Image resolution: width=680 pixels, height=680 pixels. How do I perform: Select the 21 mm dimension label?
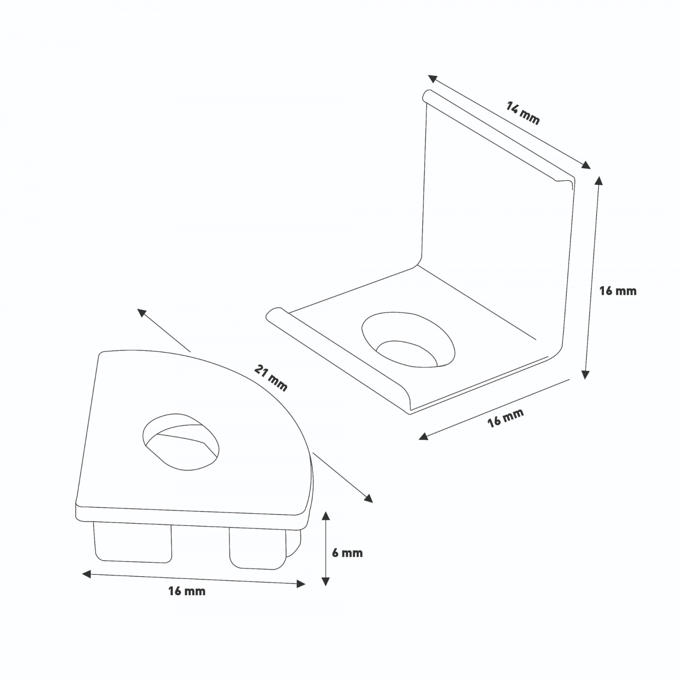[x=271, y=378]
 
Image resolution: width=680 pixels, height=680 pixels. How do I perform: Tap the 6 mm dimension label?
[x=347, y=553]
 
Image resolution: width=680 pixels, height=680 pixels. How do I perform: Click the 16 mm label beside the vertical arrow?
[x=618, y=291]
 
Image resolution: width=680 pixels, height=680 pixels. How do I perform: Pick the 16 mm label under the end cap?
[x=187, y=591]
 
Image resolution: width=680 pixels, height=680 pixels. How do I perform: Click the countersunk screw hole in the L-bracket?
[x=408, y=339]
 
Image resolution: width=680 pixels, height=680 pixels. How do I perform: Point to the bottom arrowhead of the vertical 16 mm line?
[x=586, y=374]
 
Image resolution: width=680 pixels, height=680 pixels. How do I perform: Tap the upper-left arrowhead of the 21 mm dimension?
[x=142, y=312]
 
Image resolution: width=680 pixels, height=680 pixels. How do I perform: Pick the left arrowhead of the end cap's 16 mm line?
[x=87, y=574]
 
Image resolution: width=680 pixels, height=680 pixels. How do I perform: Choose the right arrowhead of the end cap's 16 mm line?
[x=301, y=584]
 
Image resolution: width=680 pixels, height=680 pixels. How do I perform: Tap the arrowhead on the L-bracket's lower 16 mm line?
[x=423, y=437]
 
